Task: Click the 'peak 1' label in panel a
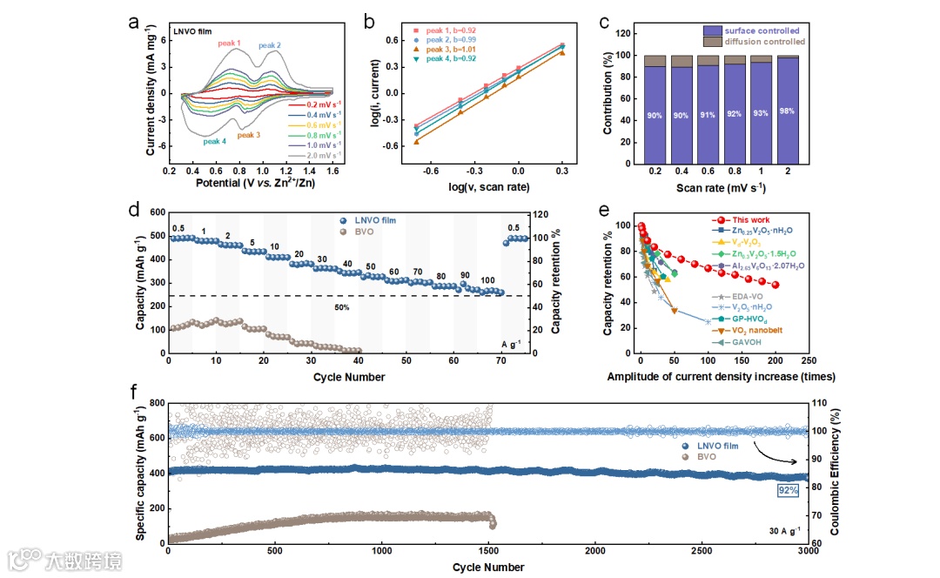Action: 229,43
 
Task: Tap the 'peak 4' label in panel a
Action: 215,141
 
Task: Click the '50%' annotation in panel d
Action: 342,307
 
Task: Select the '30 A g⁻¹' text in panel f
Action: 785,530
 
